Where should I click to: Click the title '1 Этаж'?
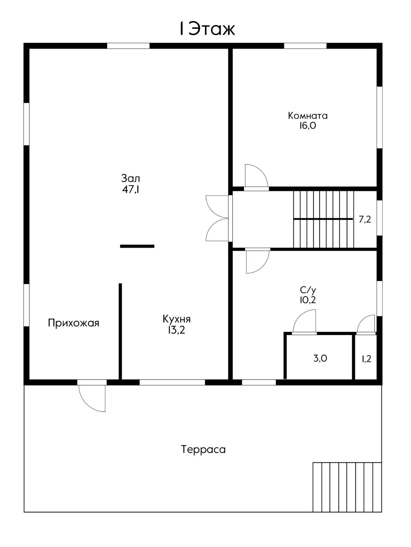pos(207,29)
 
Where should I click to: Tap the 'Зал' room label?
pos(131,178)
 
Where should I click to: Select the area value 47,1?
pos(131,189)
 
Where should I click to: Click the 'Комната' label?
pos(308,116)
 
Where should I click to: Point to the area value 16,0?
pos(308,125)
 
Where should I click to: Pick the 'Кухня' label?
pos(177,319)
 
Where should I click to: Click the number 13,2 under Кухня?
pos(177,330)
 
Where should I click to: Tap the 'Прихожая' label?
pos(74,323)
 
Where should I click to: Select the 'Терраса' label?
pos(203,449)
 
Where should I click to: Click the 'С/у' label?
pos(308,290)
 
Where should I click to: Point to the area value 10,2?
pos(308,300)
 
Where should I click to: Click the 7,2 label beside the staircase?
pos(365,219)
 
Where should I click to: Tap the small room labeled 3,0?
pos(320,358)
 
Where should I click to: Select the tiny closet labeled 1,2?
pos(366,359)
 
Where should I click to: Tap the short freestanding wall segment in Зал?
pos(137,246)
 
